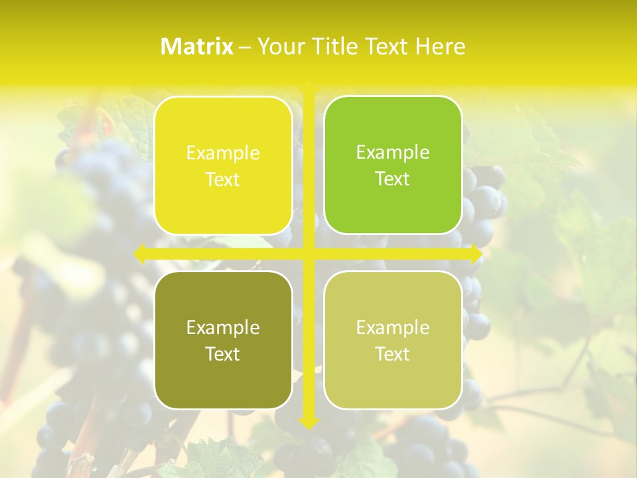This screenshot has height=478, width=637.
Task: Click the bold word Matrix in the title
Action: coord(197,46)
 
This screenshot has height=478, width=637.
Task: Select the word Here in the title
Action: coord(440,46)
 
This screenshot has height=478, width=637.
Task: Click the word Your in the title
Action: coord(278,46)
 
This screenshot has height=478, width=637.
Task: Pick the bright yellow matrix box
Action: coord(223,165)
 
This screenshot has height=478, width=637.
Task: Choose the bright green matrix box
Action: coord(393,165)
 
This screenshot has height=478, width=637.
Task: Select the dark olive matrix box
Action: coord(223,340)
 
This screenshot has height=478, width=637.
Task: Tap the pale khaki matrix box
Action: coord(393,340)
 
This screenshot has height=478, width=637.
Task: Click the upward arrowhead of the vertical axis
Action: coord(308,86)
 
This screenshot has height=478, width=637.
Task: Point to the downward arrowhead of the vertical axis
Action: coord(308,423)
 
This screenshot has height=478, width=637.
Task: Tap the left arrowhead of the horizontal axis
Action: coord(140,254)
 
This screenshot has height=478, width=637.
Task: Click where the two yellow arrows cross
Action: coord(308,254)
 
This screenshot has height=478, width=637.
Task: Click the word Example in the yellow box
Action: coord(223,153)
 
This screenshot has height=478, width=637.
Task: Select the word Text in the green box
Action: coord(393,179)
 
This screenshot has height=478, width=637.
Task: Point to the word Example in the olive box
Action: coord(223,327)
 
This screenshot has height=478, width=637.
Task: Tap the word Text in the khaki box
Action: coord(393,354)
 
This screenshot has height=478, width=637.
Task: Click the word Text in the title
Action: coord(384,46)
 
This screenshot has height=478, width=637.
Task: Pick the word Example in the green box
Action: coord(393,153)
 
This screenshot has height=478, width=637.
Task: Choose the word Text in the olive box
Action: coord(223,354)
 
